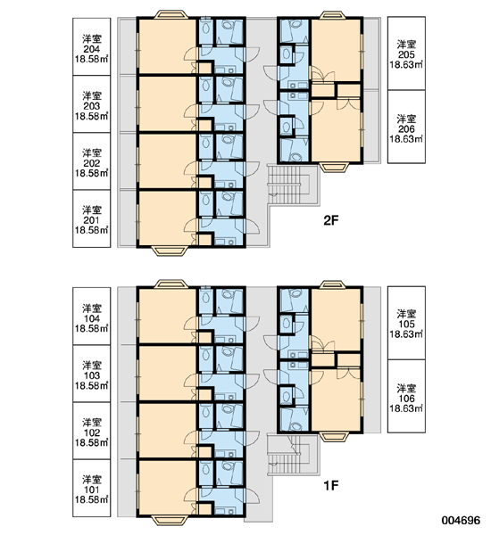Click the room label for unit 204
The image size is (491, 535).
click(x=92, y=46)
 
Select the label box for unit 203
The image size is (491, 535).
click(x=92, y=104)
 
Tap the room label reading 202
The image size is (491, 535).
click(x=92, y=161)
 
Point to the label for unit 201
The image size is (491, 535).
click(x=92, y=218)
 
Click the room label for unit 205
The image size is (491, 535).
click(x=406, y=53)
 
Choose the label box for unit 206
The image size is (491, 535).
click(x=406, y=127)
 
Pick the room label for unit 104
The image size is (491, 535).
click(x=92, y=317)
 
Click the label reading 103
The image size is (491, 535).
click(x=92, y=374)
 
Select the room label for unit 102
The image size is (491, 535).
click(x=92, y=431)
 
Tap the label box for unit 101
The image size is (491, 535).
click(x=92, y=488)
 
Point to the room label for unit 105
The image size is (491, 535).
click(x=406, y=323)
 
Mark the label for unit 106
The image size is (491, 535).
click(x=406, y=396)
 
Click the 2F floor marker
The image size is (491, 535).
click(x=330, y=221)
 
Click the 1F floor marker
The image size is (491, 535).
click(x=330, y=485)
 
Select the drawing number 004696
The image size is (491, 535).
click(x=461, y=521)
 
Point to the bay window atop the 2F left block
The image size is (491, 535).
click(x=171, y=14)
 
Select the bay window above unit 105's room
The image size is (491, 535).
click(x=333, y=284)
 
